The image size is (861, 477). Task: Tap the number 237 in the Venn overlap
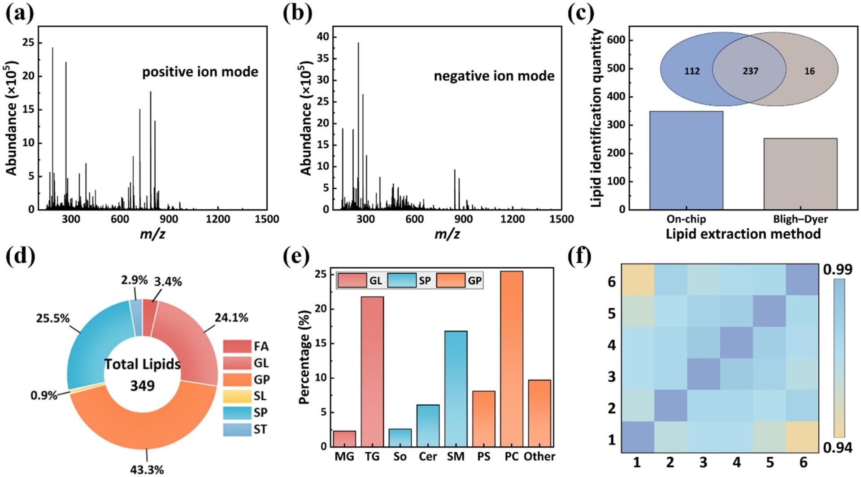tap(750, 71)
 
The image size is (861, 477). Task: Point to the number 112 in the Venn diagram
tap(692, 71)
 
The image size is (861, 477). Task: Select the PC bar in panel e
tap(512, 359)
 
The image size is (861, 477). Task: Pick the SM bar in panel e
tap(456, 389)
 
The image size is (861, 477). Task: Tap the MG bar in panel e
tap(344, 439)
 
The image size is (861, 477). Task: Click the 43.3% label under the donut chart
tap(147, 470)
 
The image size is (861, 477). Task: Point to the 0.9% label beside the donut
tap(44, 395)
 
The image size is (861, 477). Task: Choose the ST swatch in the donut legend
tap(237, 429)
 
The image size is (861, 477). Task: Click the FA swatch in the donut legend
tap(237, 346)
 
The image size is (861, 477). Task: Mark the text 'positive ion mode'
tap(200, 72)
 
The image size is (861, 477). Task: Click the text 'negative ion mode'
tap(494, 76)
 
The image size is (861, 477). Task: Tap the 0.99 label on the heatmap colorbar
tap(837, 269)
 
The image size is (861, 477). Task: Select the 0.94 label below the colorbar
tap(837, 447)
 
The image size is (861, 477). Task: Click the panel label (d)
tap(20, 257)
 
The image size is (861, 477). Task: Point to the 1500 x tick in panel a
tap(267, 219)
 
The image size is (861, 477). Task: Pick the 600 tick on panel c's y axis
tap(616, 40)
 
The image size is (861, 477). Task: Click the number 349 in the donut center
tap(142, 385)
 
